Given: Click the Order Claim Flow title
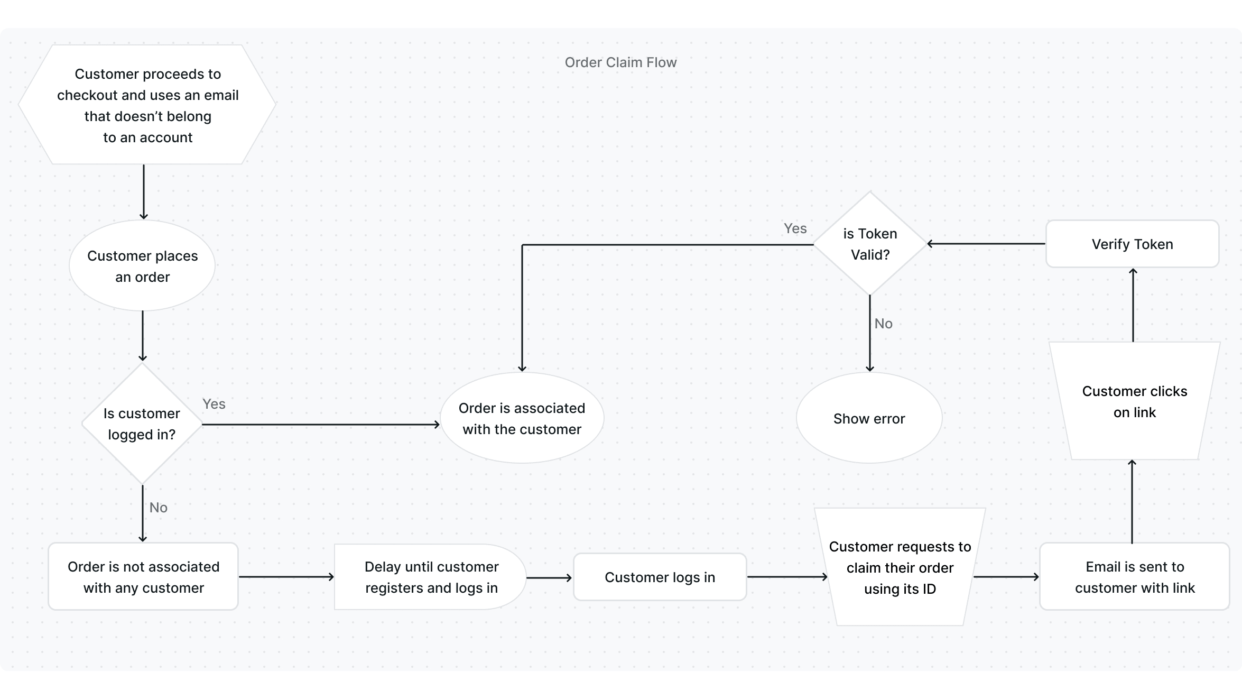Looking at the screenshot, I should coord(620,62).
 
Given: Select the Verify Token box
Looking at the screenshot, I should coord(1132,244).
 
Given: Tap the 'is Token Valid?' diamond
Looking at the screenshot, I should coord(870,244).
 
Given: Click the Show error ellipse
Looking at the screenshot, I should coord(869,418).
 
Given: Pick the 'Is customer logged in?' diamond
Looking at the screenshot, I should coord(142,424).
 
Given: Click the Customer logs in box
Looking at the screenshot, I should coord(660,577).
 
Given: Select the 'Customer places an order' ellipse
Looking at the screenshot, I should coord(142,266).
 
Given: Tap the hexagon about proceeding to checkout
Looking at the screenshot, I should coord(147,105).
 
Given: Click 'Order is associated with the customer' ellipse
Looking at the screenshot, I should coord(522,418).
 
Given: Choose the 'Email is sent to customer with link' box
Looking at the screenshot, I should coord(1134,577).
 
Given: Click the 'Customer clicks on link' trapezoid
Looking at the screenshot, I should coord(1134,401).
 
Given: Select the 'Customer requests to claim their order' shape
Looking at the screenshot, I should coord(900,567).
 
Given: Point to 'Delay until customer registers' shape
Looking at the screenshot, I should coord(431,577).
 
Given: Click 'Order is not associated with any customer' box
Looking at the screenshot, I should coord(143,577).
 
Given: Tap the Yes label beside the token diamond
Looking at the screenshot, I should coord(795,228).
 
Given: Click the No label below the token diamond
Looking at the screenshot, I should coord(883,324).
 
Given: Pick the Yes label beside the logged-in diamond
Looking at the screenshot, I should coord(214,404).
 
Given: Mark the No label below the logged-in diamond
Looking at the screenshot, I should coord(158,508).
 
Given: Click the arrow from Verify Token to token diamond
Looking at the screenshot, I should coord(986,244).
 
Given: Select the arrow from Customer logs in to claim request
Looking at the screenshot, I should coord(787,577).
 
